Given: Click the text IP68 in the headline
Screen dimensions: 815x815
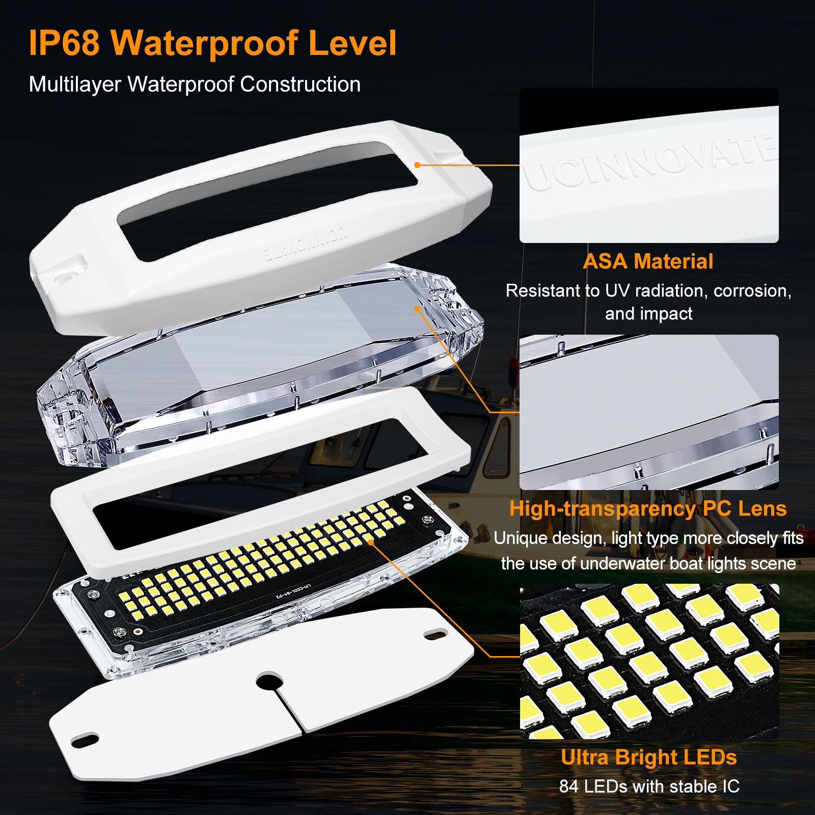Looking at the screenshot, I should pos(64,43).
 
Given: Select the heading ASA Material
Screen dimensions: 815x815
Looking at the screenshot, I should pos(648,262).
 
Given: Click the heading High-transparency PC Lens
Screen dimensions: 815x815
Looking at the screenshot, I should pos(648,509).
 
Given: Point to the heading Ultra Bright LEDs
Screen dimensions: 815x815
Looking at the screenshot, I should pos(648,757).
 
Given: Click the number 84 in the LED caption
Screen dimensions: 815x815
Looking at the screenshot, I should pos(568,787).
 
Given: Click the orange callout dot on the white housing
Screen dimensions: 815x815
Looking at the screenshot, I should pos(417,165).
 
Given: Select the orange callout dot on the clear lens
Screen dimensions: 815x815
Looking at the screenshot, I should pos(417,308).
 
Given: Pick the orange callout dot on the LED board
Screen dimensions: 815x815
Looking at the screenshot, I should pos(371,542).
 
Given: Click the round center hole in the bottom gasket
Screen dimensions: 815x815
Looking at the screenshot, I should pos(269,681).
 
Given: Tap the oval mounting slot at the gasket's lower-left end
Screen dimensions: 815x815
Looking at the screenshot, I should pos(86,740).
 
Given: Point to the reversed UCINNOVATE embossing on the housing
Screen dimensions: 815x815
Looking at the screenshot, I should pos(306,243).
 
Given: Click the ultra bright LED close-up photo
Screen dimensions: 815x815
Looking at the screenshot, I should pos(649,661).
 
